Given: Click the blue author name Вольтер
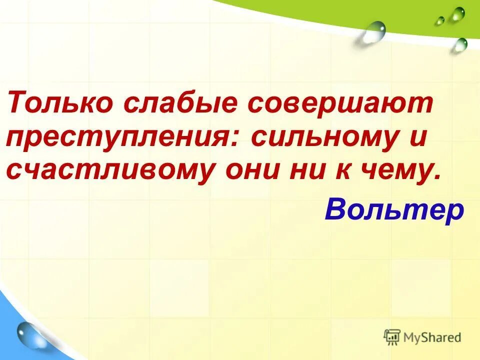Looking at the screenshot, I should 394,210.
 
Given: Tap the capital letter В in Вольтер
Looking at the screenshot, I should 335,210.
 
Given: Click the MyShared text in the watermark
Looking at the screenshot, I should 432,337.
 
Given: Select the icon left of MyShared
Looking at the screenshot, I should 392,337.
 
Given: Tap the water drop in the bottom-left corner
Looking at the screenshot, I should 31,335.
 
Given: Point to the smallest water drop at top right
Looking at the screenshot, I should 439,21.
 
